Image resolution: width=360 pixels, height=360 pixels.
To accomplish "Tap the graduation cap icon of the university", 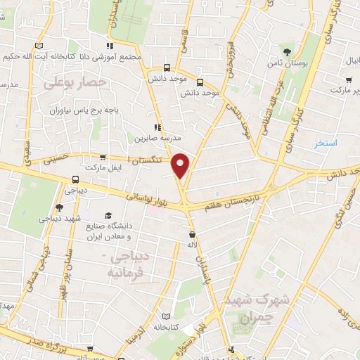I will [x=108, y=216].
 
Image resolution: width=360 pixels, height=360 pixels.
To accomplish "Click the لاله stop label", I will [x=192, y=245].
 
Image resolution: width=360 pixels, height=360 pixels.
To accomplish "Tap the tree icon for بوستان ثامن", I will [x=286, y=51].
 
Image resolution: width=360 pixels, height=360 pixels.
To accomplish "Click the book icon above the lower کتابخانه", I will [x=167, y=316].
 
